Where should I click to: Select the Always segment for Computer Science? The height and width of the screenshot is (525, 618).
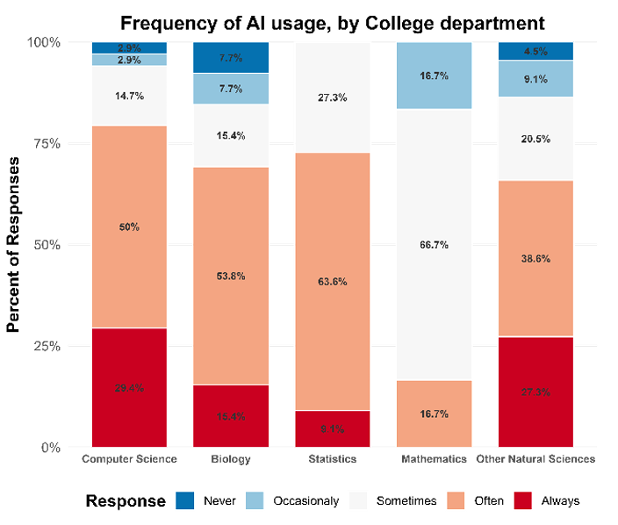(x=129, y=387)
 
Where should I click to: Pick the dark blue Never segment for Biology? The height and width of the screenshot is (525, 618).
(x=231, y=57)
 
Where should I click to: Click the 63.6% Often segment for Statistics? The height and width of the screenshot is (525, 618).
(x=332, y=282)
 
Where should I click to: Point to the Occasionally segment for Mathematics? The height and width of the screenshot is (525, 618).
(x=434, y=76)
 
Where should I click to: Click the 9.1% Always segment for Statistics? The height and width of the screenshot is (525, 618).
(x=332, y=429)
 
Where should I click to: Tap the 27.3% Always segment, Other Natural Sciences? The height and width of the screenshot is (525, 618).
(x=535, y=392)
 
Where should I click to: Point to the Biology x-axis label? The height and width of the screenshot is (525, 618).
(x=231, y=459)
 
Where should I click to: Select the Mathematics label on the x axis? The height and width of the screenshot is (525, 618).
(x=434, y=459)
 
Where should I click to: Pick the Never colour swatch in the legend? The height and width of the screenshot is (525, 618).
(x=185, y=501)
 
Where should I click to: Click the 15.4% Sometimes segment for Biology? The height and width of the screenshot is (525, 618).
(x=231, y=135)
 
